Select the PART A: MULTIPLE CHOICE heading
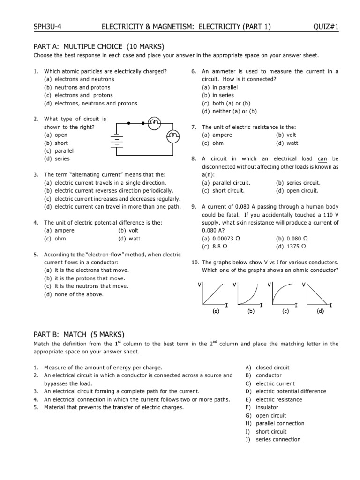[x=99, y=46]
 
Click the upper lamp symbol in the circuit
[x=154, y=123]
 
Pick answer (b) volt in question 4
[x=124, y=231]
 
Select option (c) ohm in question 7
[x=213, y=143]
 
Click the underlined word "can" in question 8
[x=322, y=159]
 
